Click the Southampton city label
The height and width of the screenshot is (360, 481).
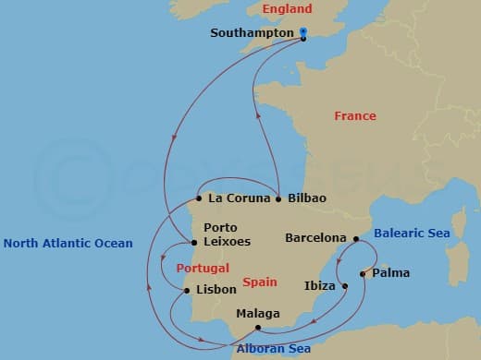253,32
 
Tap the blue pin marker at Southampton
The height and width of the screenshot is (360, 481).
303,32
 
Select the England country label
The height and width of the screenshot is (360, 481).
288,9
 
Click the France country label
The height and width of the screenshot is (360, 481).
355,116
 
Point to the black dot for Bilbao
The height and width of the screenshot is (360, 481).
278,198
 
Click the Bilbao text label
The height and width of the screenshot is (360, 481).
307,198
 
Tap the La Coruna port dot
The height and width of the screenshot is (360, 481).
199,198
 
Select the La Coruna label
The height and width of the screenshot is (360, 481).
240,198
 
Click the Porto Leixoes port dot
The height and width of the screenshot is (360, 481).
193,243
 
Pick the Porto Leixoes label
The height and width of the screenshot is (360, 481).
226,234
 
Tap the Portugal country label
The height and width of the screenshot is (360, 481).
202,268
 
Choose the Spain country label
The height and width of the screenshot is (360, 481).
260,282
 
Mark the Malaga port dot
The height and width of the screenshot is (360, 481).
258,328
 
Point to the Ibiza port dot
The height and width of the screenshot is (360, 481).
345,286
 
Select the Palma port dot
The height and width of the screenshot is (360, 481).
363,273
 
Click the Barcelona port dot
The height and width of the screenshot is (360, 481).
356,238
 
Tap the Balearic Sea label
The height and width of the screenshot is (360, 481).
413,234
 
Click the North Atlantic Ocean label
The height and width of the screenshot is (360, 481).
68,244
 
